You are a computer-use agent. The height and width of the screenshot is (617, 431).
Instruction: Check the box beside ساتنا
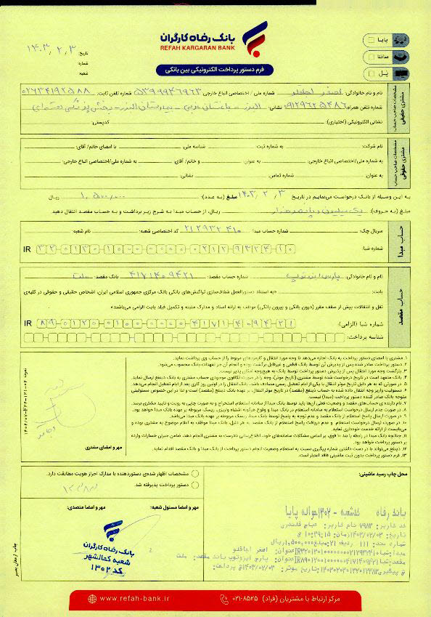[372, 56]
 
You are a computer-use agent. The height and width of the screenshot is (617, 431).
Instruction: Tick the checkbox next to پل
[372, 73]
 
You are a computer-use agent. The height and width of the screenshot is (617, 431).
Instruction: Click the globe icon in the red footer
[92, 598]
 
